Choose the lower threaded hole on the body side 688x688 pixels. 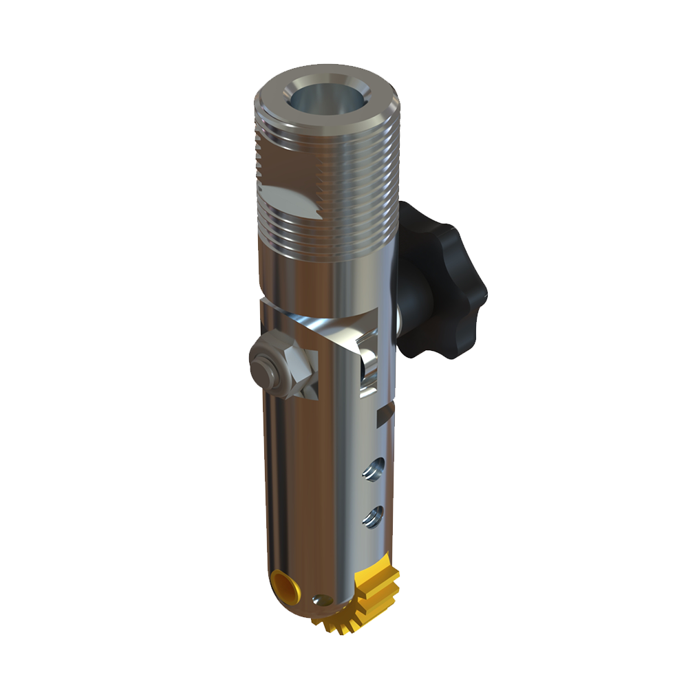[374, 515]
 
